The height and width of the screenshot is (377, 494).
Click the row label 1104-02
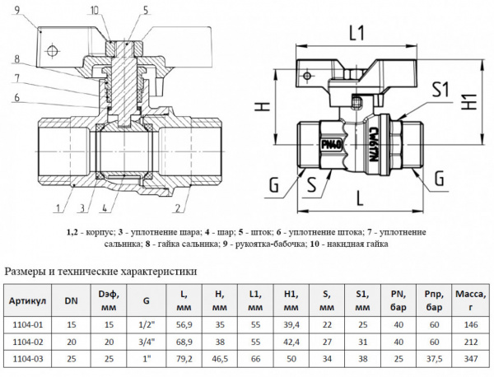tap(29, 339)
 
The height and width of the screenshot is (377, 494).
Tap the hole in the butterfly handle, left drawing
tap(52, 51)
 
